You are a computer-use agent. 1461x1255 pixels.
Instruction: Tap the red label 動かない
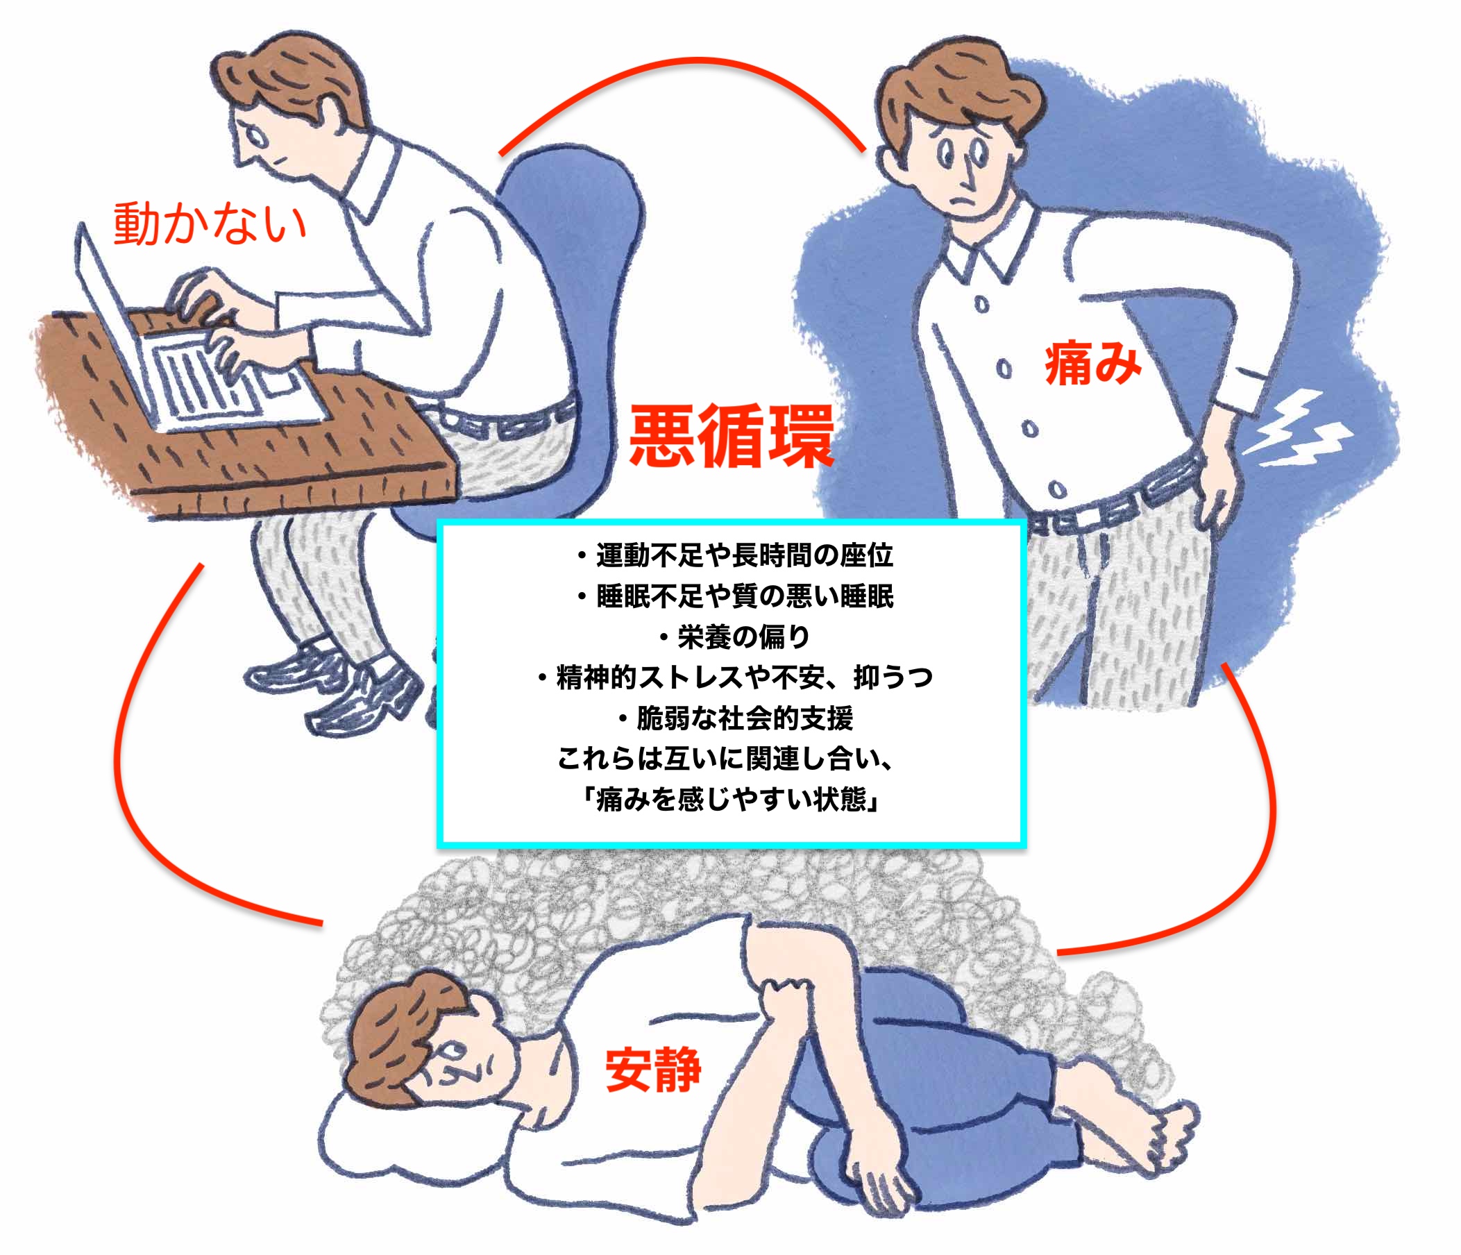pyautogui.click(x=210, y=224)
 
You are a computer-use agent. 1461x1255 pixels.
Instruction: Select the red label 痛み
pyautogui.click(x=1092, y=363)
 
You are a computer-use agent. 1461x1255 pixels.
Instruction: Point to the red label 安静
pyautogui.click(x=653, y=1070)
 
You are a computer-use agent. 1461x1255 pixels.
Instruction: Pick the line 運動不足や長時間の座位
pyautogui.click(x=735, y=555)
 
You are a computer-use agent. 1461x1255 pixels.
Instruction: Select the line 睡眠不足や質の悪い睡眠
pyautogui.click(x=735, y=596)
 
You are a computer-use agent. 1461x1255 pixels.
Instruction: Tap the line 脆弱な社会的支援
pyautogui.click(x=735, y=718)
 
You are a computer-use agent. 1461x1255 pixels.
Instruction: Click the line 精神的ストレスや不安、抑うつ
pyautogui.click(x=735, y=677)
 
